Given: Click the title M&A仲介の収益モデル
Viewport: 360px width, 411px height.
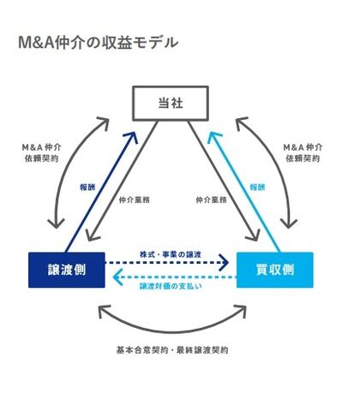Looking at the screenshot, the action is (98, 43).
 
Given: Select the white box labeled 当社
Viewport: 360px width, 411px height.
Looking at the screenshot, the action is (171, 103).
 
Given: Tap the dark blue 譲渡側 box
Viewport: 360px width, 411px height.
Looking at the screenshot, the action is (67, 270).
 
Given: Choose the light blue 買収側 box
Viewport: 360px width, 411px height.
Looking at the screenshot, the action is (275, 270).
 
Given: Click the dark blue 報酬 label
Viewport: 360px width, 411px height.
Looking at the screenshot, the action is (87, 188).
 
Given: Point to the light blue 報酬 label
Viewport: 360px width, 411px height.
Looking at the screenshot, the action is (257, 188).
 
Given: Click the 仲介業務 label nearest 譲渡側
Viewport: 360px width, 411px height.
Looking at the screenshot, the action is (134, 200).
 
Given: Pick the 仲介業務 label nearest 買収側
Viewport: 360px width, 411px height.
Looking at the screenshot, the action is (211, 200).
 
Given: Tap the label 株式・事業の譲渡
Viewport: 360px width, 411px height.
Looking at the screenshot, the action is (171, 254).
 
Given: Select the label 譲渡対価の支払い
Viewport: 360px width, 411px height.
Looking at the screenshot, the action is (171, 286).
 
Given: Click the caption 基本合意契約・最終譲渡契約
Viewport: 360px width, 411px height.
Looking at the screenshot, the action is (172, 350).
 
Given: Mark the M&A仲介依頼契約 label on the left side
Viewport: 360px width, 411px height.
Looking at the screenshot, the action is (42, 152).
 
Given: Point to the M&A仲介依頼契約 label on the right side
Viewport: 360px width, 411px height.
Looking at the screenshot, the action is (303, 152).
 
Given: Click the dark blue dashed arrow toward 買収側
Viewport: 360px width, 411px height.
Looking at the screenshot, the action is (166, 263).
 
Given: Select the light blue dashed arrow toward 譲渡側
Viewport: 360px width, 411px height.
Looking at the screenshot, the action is (175, 277).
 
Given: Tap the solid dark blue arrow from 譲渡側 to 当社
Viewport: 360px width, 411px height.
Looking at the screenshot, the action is (102, 192).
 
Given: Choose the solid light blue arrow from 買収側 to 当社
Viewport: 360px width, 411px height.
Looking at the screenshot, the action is (243, 192).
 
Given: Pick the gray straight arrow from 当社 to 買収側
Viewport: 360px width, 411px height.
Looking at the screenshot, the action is (224, 182).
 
